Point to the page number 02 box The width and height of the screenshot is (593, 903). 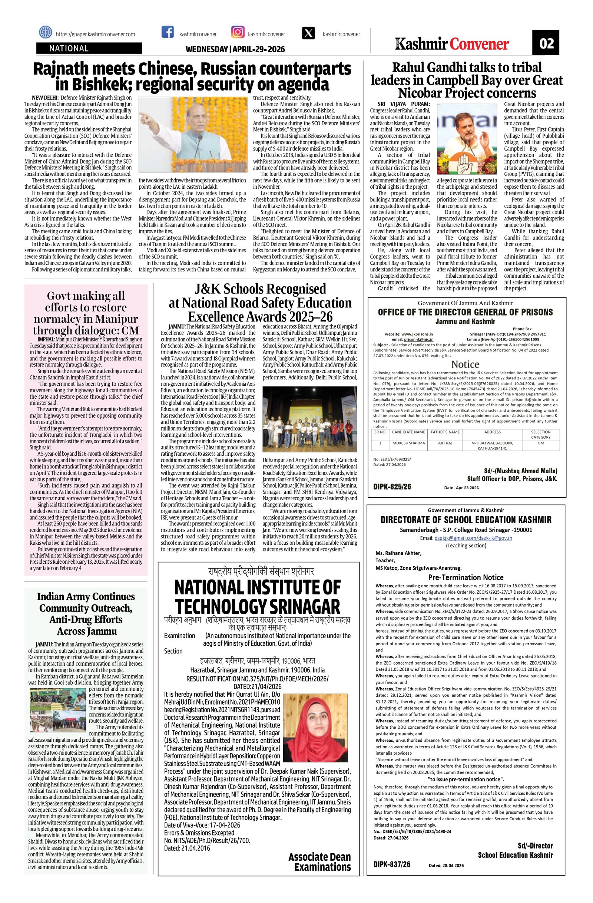point(546,44)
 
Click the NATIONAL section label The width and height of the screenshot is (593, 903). point(69,49)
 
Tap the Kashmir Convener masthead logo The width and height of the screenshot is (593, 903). point(451,45)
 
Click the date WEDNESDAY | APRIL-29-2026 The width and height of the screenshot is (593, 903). point(235,49)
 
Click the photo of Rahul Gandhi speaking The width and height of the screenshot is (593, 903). point(467,140)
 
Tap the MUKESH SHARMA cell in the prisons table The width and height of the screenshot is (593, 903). point(408,443)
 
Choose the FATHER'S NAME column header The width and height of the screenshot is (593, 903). point(445,432)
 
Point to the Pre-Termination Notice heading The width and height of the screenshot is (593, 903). point(466,577)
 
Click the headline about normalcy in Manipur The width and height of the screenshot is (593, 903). point(86,312)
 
